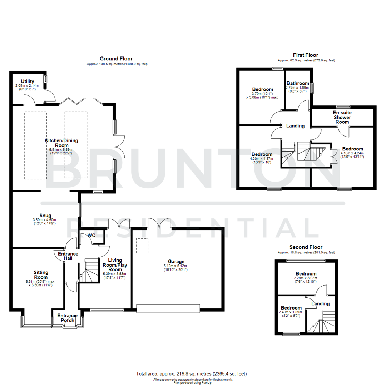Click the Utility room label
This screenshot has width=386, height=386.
27,81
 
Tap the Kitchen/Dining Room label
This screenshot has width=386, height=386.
61,143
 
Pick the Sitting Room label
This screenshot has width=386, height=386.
41,275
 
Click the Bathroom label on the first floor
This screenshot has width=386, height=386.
297,83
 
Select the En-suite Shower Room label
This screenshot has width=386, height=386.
342,117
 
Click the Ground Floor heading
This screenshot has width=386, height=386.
116,59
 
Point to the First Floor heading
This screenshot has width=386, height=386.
306,55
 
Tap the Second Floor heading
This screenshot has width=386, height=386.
306,247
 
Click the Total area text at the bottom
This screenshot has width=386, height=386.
192,374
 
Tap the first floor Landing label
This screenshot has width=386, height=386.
296,126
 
